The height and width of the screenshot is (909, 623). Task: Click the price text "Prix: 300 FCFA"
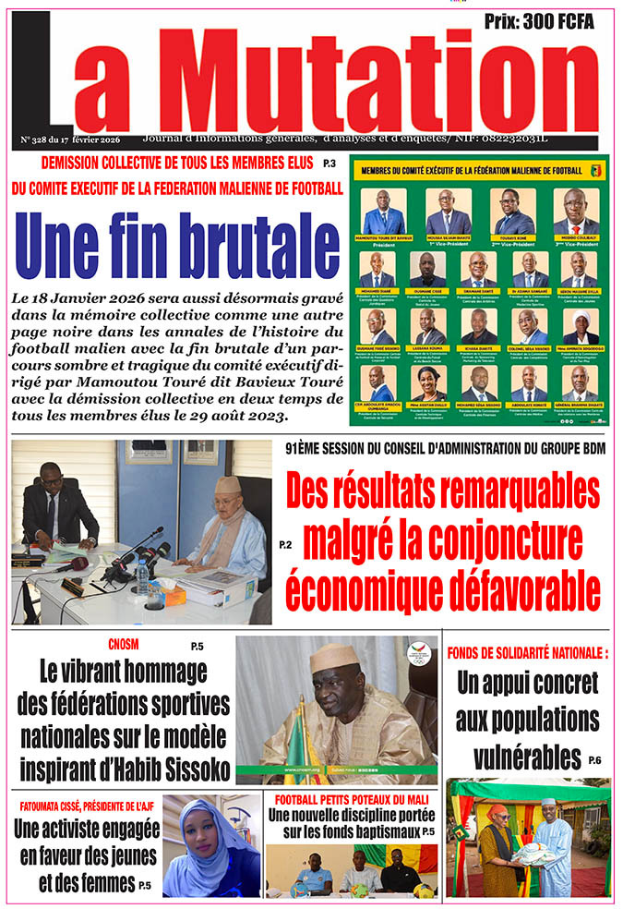tap(539, 20)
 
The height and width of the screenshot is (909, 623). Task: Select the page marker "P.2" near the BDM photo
tap(285, 545)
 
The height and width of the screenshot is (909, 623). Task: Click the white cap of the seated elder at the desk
tap(227, 485)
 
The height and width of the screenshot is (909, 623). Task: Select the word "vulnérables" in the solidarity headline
tap(526, 757)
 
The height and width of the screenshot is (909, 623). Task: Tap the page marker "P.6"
tap(594, 760)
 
